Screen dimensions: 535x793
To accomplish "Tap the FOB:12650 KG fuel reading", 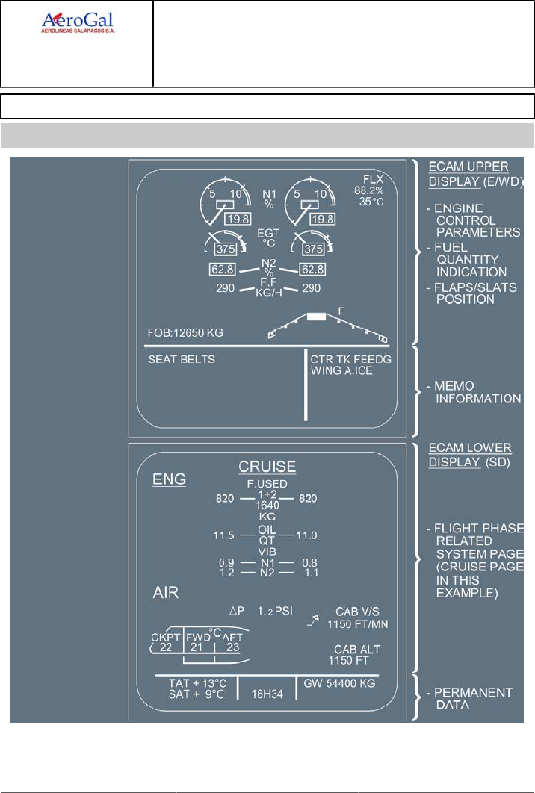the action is click(x=186, y=331).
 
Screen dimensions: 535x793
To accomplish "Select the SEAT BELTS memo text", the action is click(x=182, y=359).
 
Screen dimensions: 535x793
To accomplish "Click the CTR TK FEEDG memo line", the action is click(x=351, y=359).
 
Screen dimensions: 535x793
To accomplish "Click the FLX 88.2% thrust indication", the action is click(x=371, y=190).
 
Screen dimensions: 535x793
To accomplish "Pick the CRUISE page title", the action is click(x=267, y=467).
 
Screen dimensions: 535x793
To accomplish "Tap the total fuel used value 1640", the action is click(x=267, y=506).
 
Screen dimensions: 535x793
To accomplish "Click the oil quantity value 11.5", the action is click(x=223, y=535).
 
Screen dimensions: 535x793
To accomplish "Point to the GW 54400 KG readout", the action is click(x=339, y=683).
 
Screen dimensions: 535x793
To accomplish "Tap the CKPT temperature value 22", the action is click(x=166, y=647).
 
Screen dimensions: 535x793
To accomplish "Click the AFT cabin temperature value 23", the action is click(x=232, y=648).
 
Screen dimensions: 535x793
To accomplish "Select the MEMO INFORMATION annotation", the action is click(x=478, y=392).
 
